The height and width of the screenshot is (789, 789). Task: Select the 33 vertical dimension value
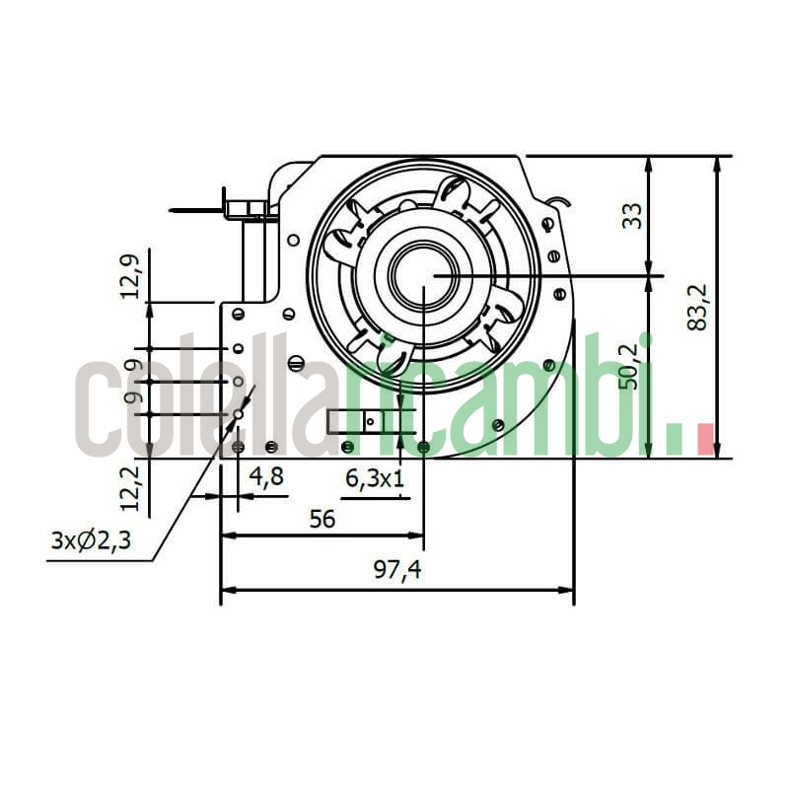[x=633, y=216]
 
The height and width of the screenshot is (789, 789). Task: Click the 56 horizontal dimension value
[x=322, y=519]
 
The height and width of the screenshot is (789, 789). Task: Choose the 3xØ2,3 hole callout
[x=91, y=541]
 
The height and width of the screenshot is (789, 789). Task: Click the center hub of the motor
[x=422, y=273]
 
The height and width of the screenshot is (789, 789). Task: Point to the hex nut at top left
[x=247, y=209]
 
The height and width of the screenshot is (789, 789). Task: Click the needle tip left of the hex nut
[x=173, y=210]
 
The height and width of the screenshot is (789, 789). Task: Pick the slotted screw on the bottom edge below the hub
[x=423, y=448]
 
